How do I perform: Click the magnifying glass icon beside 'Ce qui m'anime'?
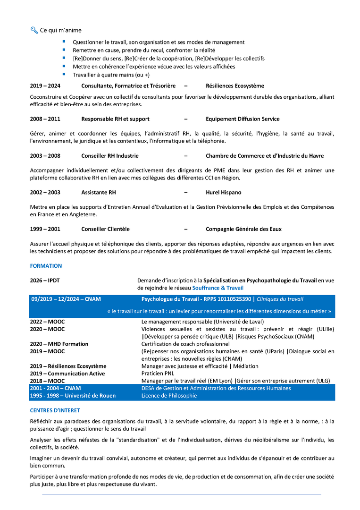click(33, 30)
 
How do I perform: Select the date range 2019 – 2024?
click(45, 86)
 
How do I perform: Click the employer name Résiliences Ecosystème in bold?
click(235, 86)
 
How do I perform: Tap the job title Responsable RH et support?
click(115, 119)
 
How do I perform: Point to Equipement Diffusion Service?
click(243, 119)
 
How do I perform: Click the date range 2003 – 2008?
click(45, 156)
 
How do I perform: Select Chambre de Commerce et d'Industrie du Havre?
click(265, 156)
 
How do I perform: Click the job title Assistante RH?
click(98, 193)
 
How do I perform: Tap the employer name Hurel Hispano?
click(223, 193)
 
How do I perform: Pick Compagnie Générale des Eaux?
click(243, 229)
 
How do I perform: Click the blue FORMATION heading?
click(46, 266)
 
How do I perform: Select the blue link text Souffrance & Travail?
click(218, 288)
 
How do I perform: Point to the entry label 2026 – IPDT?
click(45, 280)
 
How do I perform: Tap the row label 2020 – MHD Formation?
click(59, 344)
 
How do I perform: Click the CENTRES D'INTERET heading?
click(55, 410)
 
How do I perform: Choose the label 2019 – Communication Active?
click(67, 374)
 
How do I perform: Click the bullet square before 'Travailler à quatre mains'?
click(64, 74)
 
